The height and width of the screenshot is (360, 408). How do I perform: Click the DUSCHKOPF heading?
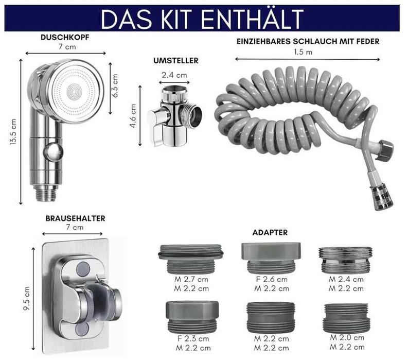pyautogui.click(x=65, y=37)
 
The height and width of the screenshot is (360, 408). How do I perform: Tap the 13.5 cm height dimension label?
pyautogui.click(x=13, y=131)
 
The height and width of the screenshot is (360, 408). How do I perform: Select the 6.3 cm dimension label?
pyautogui.click(x=115, y=85)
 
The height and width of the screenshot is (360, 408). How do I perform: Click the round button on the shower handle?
pyautogui.click(x=54, y=151)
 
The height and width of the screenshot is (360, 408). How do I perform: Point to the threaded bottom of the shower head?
pyautogui.click(x=46, y=193)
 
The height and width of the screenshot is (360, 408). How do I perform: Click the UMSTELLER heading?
pyautogui.click(x=176, y=61)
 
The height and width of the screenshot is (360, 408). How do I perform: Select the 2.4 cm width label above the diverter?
pyautogui.click(x=174, y=75)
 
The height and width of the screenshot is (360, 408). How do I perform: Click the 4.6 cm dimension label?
pyautogui.click(x=133, y=116)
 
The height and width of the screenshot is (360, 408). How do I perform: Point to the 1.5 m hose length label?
pyautogui.click(x=303, y=52)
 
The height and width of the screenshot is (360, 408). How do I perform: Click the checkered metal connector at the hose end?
pyautogui.click(x=381, y=196)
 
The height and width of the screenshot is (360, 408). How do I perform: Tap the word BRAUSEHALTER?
pyautogui.click(x=76, y=218)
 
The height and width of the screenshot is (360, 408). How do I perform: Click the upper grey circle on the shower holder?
pyautogui.click(x=83, y=269)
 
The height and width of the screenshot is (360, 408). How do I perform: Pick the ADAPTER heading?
pyautogui.click(x=270, y=232)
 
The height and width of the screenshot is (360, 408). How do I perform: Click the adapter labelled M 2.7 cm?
pyautogui.click(x=191, y=259)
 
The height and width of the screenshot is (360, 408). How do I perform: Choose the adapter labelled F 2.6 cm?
pyautogui.click(x=271, y=258)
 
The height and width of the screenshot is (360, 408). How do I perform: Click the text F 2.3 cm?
pyautogui.click(x=193, y=339)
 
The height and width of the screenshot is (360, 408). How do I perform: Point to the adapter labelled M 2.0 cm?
pyautogui.click(x=347, y=318)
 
